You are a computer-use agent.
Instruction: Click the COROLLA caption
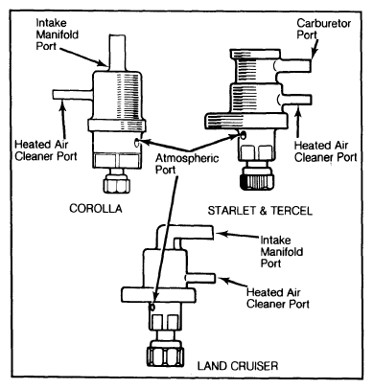pos(96,209)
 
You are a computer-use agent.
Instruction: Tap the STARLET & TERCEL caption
pos(260,211)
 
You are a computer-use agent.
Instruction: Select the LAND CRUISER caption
pos(238,366)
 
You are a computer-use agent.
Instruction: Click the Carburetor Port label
pos(323,29)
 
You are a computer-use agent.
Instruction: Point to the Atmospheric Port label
pos(187,164)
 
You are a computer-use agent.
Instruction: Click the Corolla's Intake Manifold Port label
pos(58,34)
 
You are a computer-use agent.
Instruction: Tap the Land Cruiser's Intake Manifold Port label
pos(282,252)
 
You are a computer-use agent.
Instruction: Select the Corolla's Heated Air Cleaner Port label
pos(46,150)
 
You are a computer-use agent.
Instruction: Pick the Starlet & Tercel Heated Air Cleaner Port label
pos(325,151)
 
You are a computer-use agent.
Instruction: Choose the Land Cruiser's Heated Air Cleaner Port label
pos(278,298)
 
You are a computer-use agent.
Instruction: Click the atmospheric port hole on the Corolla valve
pos(138,143)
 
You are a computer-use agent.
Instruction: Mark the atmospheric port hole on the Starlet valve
pos(244,135)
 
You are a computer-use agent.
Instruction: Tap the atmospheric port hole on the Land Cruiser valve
pos(152,307)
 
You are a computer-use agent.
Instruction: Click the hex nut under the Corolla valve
pos(116,185)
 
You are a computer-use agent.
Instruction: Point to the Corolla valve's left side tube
pos(73,95)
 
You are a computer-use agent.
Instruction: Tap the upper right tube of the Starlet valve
pos(294,65)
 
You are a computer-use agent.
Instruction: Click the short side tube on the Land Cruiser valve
pos(200,278)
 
